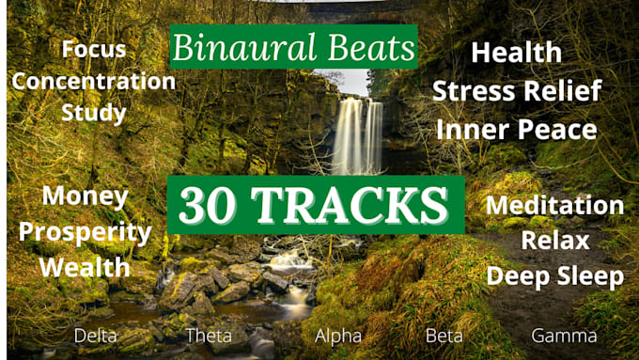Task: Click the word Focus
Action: [x=94, y=49]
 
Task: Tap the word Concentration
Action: [x=94, y=81]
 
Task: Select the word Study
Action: [x=94, y=113]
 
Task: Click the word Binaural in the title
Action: [x=244, y=47]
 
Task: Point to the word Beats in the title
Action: [x=371, y=47]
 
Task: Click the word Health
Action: [x=516, y=53]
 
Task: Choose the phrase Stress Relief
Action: [x=517, y=90]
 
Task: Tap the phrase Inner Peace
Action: [x=517, y=129]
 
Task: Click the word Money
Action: [x=86, y=197]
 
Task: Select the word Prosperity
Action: [x=86, y=232]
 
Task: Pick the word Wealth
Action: [x=85, y=267]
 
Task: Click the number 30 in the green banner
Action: [x=207, y=205]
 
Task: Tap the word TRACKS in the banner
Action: [x=350, y=205]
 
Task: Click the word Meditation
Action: [x=554, y=205]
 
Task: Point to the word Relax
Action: [x=555, y=240]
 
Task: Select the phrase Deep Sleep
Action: [x=555, y=276]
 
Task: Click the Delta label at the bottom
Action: [x=95, y=336]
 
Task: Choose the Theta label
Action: [x=209, y=336]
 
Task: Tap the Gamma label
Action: [x=564, y=336]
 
